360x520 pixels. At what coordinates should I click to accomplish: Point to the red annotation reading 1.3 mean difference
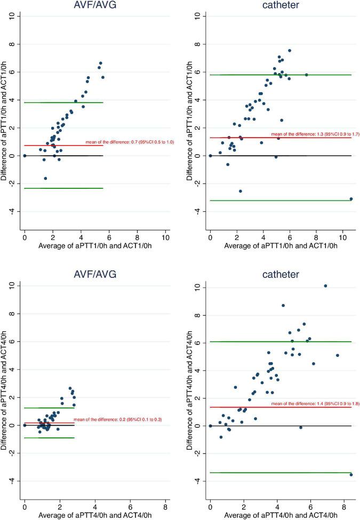click(315, 134)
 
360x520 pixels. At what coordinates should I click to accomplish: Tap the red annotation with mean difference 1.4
click(315, 404)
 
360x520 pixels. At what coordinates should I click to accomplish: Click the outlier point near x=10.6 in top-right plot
click(351, 198)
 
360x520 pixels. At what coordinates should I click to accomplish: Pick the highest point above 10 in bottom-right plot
click(325, 286)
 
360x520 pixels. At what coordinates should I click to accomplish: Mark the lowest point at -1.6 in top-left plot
click(45, 178)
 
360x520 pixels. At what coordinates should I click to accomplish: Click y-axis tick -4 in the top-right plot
click(198, 212)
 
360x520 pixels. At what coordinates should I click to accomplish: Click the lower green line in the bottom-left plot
click(49, 438)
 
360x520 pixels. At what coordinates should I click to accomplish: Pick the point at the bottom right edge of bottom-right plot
click(351, 475)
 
